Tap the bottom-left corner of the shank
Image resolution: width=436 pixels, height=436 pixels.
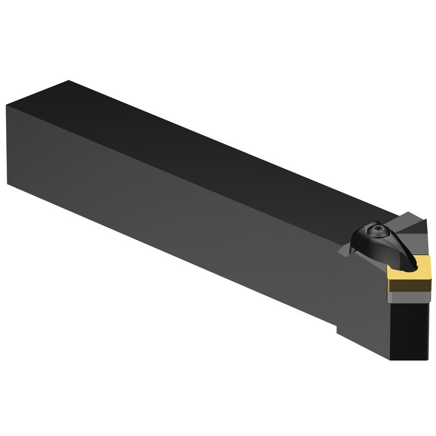(8, 182)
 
